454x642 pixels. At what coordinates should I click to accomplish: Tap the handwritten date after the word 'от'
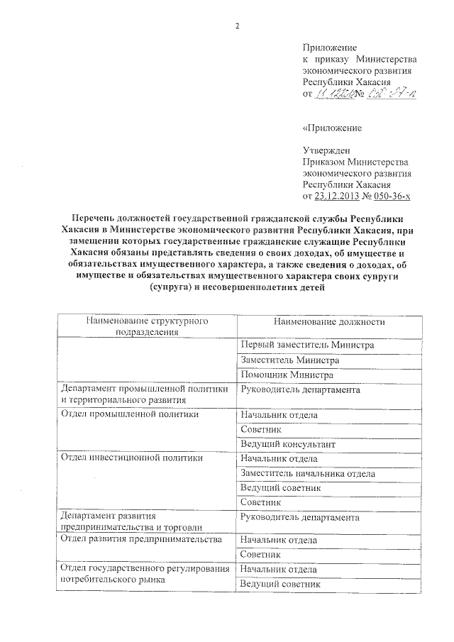[x=337, y=94]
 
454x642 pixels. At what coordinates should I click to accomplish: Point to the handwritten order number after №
[x=392, y=94]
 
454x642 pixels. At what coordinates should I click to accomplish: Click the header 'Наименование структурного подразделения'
[x=145, y=326]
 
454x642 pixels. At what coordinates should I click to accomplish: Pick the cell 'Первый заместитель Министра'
[x=306, y=345]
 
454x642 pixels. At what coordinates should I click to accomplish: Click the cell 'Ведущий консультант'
[x=287, y=444]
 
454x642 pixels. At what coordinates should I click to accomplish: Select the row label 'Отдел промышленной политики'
[x=128, y=414]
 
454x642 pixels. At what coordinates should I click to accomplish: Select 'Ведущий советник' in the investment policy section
[x=281, y=488]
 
